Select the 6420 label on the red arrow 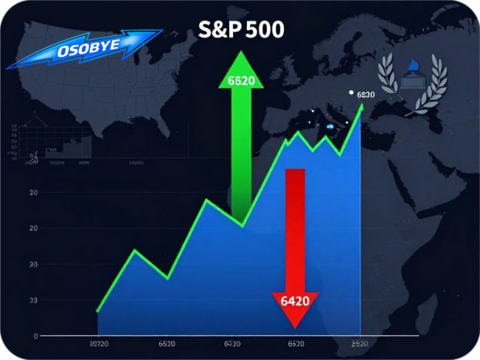[x=296, y=302]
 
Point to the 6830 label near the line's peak [x=365, y=95]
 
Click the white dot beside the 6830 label [x=351, y=93]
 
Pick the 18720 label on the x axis [x=99, y=344]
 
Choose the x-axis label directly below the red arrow [x=296, y=344]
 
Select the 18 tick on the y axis [x=33, y=301]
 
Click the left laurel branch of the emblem [x=388, y=80]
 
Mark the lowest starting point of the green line [x=97, y=311]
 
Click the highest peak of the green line [x=362, y=104]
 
